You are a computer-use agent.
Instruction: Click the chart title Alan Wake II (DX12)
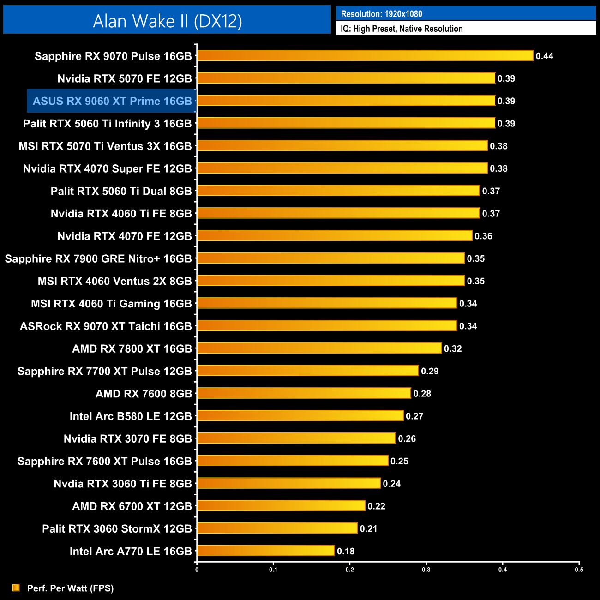pos(167,21)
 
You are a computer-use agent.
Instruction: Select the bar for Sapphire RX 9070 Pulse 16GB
pos(365,56)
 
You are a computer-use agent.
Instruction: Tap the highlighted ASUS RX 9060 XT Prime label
pos(112,101)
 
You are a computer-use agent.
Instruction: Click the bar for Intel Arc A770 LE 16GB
pos(266,551)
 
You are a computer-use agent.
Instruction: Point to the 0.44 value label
pos(544,56)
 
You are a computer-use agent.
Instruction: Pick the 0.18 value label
pos(346,551)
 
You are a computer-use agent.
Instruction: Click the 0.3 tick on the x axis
pos(426,570)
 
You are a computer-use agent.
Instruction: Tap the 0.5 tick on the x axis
pos(579,570)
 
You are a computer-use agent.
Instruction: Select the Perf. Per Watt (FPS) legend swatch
pos(16,588)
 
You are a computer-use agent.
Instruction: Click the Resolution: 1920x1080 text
pos(381,14)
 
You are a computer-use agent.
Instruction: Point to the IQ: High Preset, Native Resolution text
pos(402,29)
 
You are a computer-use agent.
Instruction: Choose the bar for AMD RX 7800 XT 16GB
pos(319,348)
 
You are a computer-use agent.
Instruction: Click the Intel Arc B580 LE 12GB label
pos(131,416)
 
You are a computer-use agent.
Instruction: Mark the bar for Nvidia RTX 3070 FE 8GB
pos(296,438)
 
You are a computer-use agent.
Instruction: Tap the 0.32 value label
pos(453,349)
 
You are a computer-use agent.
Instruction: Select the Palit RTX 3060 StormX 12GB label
pos(117,529)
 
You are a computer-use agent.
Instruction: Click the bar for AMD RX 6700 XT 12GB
pos(281,506)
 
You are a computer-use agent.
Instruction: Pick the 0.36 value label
pos(483,236)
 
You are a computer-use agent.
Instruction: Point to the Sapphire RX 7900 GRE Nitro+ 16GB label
pos(98,259)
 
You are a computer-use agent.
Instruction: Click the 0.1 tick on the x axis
pos(273,570)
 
